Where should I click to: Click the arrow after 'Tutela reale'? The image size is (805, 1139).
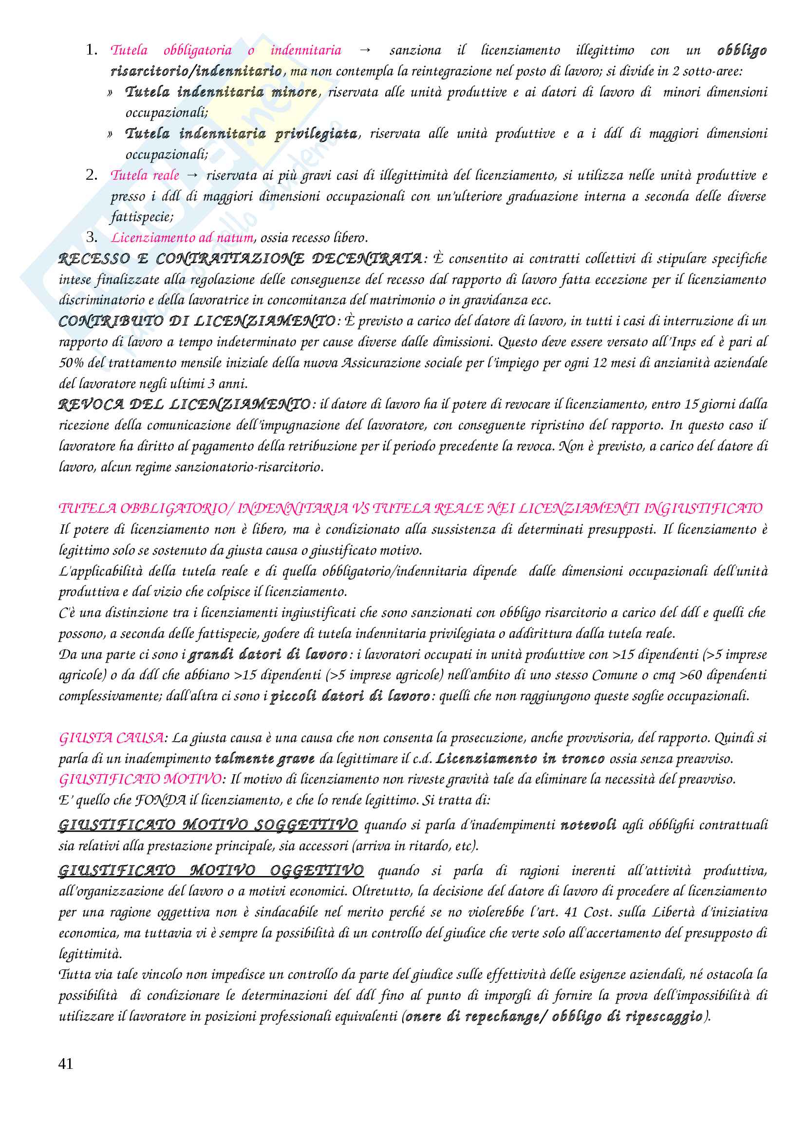coord(192,175)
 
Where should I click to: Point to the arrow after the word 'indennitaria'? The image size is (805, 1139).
coord(365,50)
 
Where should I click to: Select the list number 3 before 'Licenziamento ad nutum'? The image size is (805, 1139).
coord(91,237)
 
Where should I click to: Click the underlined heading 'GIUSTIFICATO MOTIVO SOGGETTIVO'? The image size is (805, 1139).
coord(208,825)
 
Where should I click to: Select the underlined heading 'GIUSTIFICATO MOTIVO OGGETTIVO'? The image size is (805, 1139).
coord(211,871)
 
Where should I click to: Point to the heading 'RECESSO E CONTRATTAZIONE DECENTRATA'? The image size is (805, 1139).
coord(240,259)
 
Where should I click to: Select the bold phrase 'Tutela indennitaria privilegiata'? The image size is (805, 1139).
coord(242,133)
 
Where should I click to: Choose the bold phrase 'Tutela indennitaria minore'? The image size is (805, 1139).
coord(221,92)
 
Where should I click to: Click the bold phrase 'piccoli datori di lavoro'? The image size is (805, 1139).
coord(350,696)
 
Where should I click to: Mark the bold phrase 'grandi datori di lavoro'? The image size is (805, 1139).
coord(268,654)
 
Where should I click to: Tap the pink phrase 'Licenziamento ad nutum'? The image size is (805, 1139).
coord(182,238)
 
